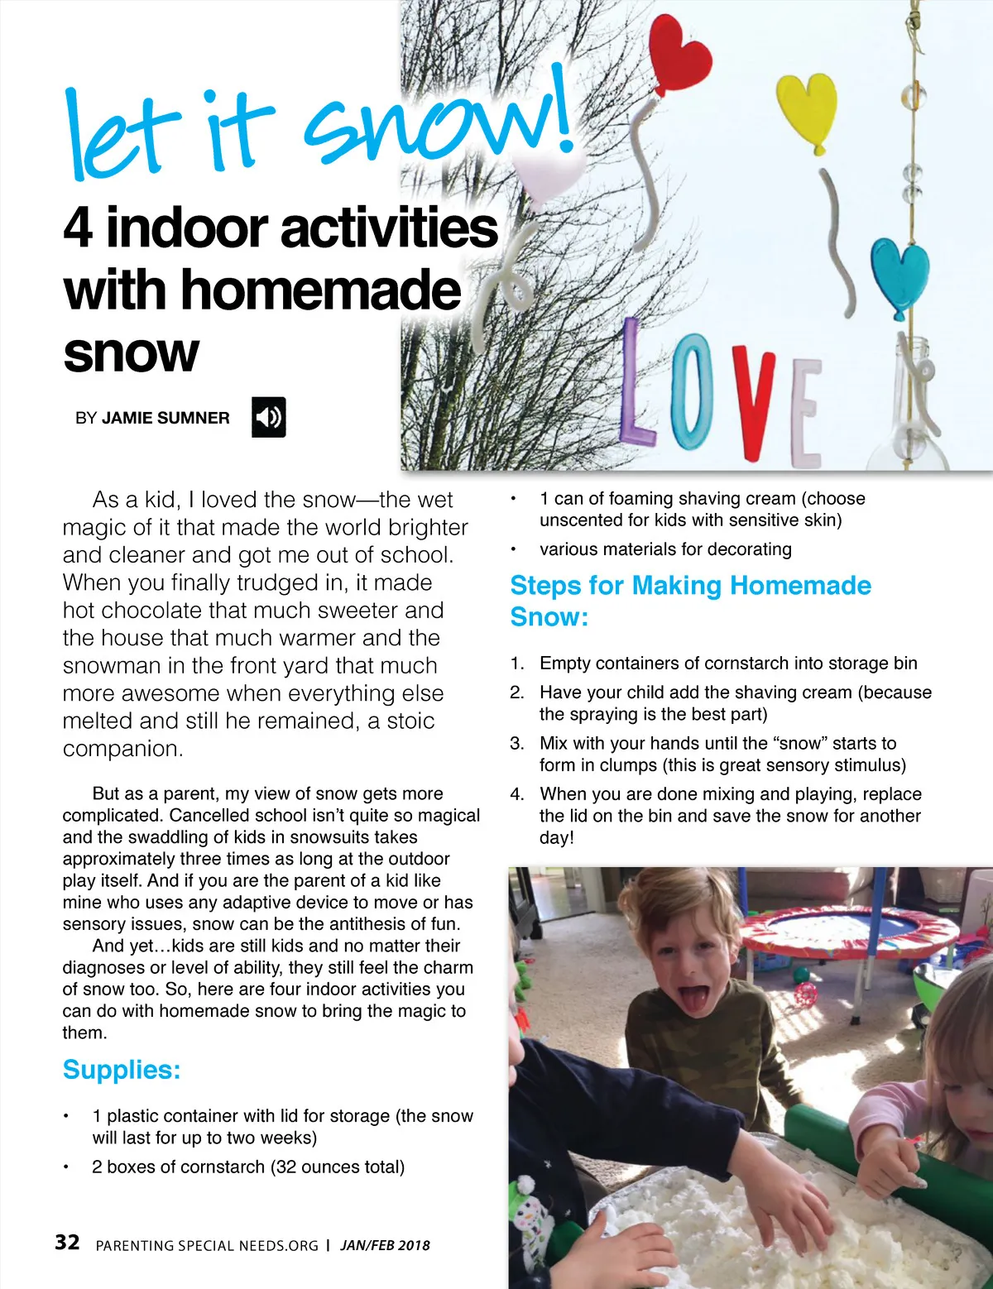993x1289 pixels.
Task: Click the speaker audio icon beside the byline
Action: point(268,417)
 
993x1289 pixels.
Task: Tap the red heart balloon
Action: point(679,50)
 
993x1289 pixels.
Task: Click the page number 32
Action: point(67,1242)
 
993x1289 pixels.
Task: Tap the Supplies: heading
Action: point(122,1069)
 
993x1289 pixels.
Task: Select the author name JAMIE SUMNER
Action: point(165,418)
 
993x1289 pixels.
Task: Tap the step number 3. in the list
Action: point(517,743)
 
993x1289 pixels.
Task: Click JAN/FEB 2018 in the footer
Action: point(385,1245)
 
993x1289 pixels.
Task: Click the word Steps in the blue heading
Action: point(546,585)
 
